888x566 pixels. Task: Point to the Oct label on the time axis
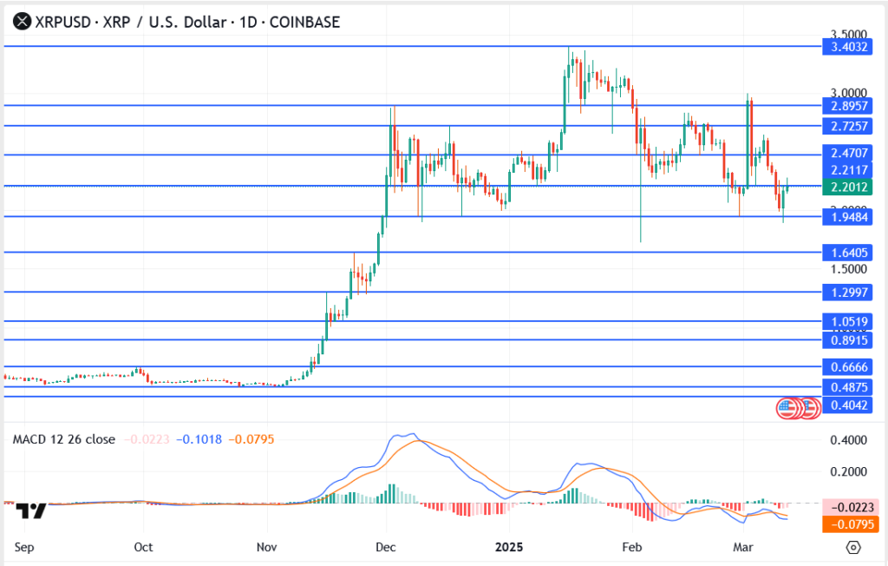point(144,547)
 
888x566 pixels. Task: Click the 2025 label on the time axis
point(508,547)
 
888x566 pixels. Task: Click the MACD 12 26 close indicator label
point(63,439)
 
